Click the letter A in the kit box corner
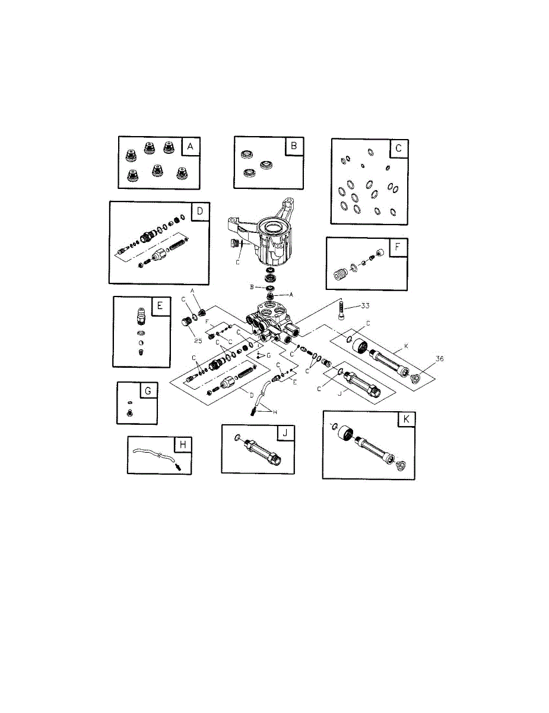click(x=190, y=146)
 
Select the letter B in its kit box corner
click(x=294, y=146)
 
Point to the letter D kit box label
click(x=200, y=211)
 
